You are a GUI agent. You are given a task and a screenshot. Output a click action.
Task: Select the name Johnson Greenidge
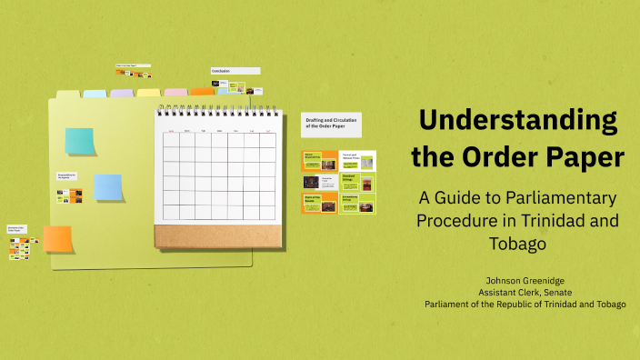tap(525, 280)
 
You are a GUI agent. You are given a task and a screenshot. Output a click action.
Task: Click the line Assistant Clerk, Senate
tap(525, 292)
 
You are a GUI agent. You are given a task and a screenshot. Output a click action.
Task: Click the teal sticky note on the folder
tap(79, 141)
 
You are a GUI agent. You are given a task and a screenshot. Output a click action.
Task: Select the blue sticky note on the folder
tap(108, 186)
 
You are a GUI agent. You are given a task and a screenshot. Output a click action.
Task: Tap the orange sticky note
tap(57, 238)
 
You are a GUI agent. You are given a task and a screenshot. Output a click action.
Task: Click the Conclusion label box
tap(235, 70)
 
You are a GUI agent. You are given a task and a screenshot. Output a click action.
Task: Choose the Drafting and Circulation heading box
tap(330, 124)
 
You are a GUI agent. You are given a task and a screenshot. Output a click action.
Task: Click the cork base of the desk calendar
tap(216, 235)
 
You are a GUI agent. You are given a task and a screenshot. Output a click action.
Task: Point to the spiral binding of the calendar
tap(216, 112)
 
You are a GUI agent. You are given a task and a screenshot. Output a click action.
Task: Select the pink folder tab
tap(175, 92)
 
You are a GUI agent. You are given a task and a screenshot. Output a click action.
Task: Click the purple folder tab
tap(122, 93)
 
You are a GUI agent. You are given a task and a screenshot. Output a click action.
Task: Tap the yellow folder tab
tap(148, 92)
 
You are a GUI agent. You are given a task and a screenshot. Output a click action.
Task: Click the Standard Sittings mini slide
tap(357, 181)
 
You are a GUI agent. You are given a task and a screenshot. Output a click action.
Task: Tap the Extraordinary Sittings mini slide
tap(357, 203)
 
